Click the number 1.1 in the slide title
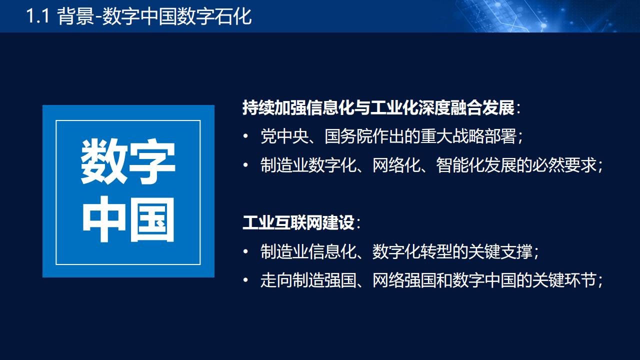38,16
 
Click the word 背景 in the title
75,16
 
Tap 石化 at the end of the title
233,16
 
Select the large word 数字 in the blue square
128,161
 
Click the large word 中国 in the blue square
128,219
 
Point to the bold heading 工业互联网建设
298,222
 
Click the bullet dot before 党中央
245,136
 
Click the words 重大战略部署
468,136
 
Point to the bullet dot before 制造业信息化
245,251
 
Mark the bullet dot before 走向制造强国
245,280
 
